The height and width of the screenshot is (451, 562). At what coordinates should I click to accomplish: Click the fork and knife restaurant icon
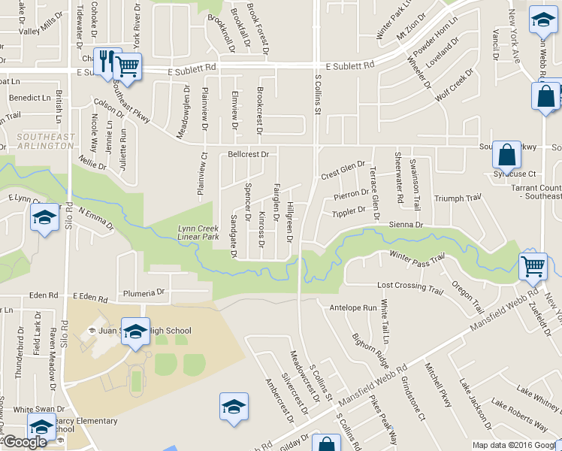click(105, 60)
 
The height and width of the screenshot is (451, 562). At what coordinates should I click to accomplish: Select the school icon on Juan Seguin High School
click(135, 331)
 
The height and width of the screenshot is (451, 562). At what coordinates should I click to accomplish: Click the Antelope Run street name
click(353, 307)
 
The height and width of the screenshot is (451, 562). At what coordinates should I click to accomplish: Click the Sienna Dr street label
click(406, 224)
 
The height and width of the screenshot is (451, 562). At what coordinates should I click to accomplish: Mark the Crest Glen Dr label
click(343, 169)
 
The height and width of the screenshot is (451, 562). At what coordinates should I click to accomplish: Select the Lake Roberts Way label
click(518, 414)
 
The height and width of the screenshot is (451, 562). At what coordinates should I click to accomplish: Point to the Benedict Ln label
click(29, 98)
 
